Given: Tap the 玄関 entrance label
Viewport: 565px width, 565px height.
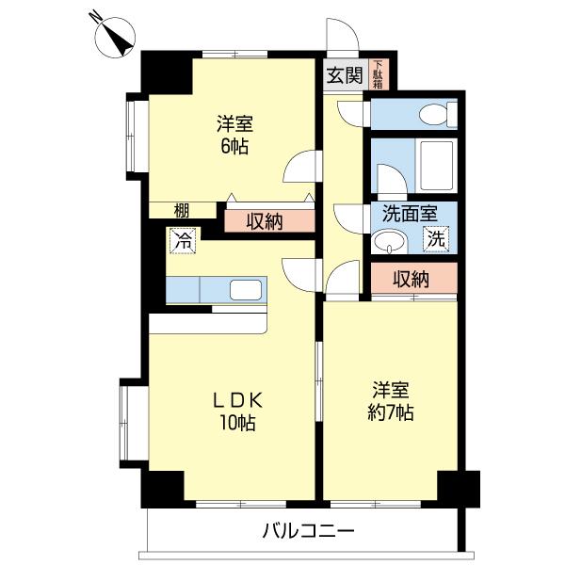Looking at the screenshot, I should point(345,76).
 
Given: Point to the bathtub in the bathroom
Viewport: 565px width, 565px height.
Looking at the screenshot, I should point(435,168).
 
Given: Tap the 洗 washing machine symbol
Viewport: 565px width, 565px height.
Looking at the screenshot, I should point(435,239).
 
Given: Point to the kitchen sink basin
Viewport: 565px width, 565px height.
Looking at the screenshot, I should point(244,290).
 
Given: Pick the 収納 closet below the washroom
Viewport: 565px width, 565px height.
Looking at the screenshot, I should point(412,279).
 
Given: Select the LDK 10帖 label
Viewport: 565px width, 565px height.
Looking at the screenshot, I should point(233,410).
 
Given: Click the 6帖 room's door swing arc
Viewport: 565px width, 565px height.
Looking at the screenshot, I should point(299,168).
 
